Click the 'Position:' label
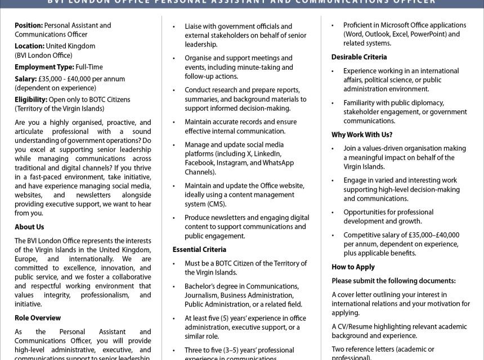(x=29, y=25)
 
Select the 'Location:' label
(x=30, y=46)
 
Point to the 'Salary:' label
(x=25, y=79)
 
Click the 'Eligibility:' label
(x=30, y=100)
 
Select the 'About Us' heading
(x=29, y=227)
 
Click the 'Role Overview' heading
(x=38, y=318)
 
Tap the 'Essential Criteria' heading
(x=199, y=249)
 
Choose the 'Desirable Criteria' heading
(x=359, y=57)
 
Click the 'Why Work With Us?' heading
(x=362, y=134)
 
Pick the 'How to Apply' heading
(x=353, y=267)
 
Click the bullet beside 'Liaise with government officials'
(x=175, y=26)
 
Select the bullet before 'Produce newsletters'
(x=175, y=218)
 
